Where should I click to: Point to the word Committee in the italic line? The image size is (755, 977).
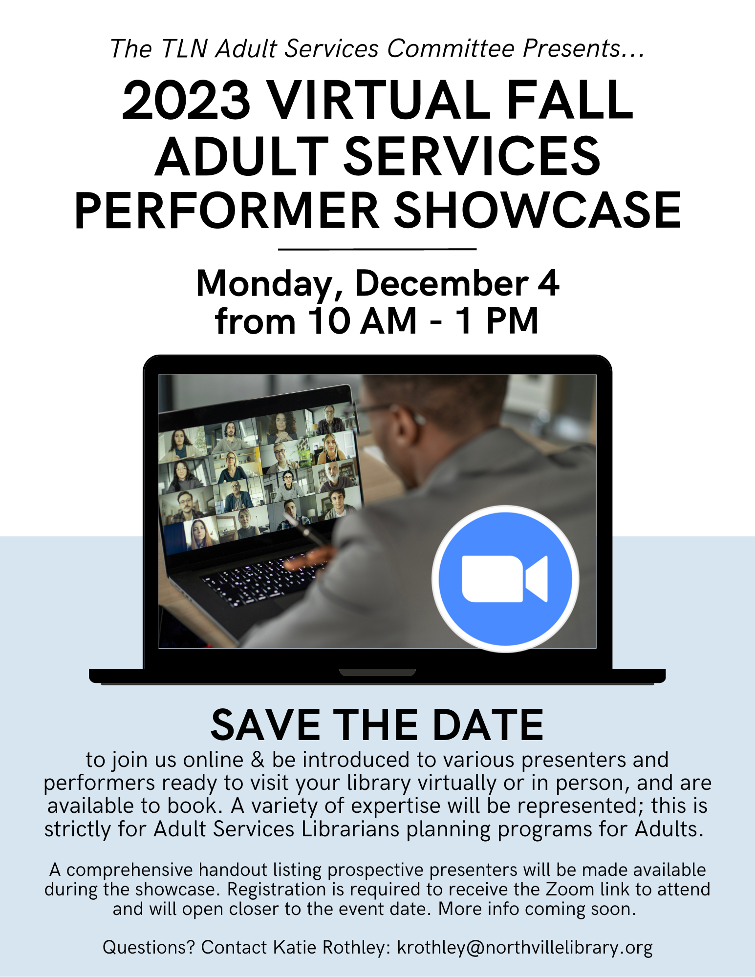pos(451,48)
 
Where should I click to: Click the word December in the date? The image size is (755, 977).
pos(442,283)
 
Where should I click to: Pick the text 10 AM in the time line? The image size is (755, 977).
pos(363,321)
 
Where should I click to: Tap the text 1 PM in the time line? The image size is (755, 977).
pos(497,321)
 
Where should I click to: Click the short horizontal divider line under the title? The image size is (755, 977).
pos(377,249)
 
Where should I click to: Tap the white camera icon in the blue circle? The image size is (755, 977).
pos(505,579)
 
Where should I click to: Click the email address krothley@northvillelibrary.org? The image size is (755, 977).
pos(525,947)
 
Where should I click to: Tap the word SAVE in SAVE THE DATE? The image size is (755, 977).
pos(266,725)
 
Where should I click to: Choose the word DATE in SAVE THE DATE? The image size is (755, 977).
pos(488,725)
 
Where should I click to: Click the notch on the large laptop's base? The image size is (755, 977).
pos(377,673)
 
